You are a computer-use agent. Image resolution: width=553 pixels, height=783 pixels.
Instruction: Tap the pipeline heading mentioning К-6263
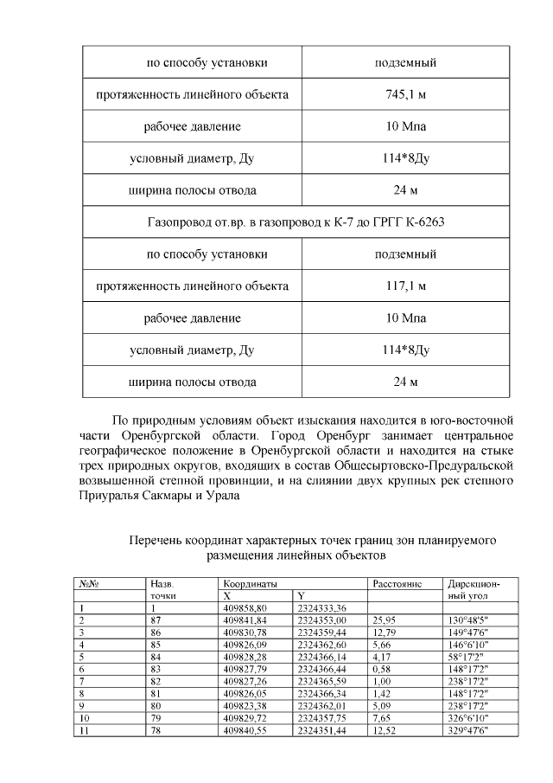(x=302, y=222)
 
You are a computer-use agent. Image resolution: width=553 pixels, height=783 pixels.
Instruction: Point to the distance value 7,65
(x=382, y=717)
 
